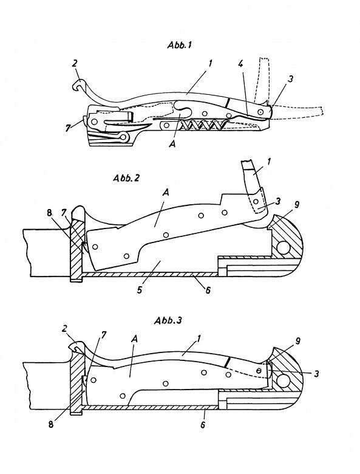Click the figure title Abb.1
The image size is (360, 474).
(180, 46)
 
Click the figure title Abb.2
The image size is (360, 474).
(126, 177)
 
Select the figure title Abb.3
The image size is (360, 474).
(168, 320)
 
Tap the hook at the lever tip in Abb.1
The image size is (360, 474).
(78, 85)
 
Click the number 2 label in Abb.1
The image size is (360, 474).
(75, 63)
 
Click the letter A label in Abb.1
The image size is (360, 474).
(172, 144)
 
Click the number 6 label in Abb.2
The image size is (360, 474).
(208, 290)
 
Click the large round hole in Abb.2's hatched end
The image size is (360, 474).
(283, 248)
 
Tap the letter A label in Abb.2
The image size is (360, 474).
(165, 193)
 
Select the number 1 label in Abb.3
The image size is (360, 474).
(199, 338)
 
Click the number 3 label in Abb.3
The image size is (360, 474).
(316, 374)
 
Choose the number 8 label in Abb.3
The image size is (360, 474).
(51, 424)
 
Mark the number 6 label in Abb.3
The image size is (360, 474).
(203, 425)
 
